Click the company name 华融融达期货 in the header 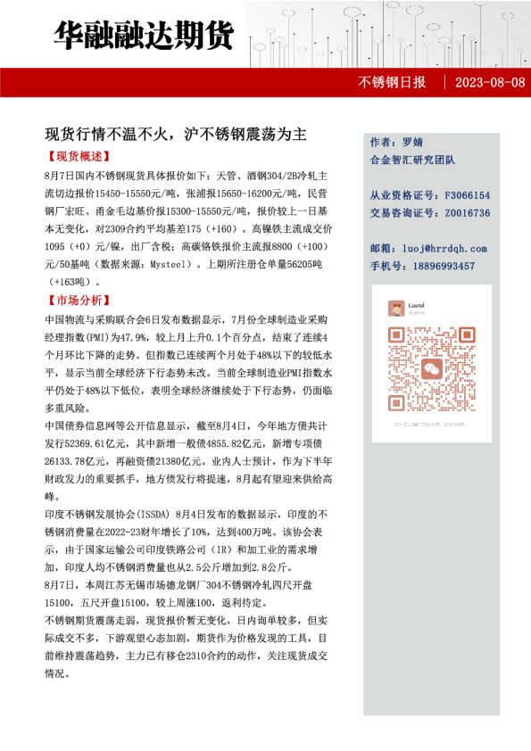point(143,35)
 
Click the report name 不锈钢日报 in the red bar point(392,83)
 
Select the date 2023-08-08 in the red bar point(489,83)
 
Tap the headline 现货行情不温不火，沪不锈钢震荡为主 point(176,135)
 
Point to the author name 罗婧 point(411,142)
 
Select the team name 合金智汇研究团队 point(412,160)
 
